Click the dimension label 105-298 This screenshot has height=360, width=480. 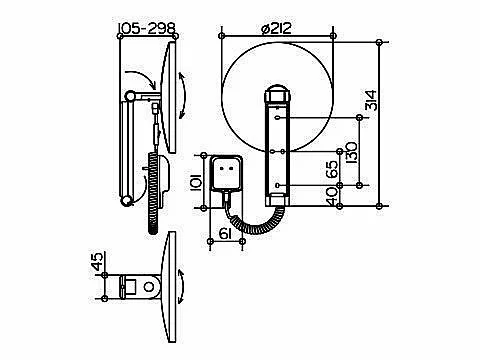pyautogui.click(x=147, y=28)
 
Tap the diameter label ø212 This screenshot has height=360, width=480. pyautogui.click(x=276, y=28)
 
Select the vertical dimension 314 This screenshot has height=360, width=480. pyautogui.click(x=371, y=100)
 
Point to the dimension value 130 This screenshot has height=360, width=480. pyautogui.click(x=351, y=153)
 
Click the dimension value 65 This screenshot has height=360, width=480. pyautogui.click(x=332, y=169)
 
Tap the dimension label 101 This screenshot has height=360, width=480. pyautogui.click(x=196, y=182)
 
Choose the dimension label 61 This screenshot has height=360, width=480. pyautogui.click(x=225, y=234)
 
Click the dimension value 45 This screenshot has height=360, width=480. pyautogui.click(x=98, y=261)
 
